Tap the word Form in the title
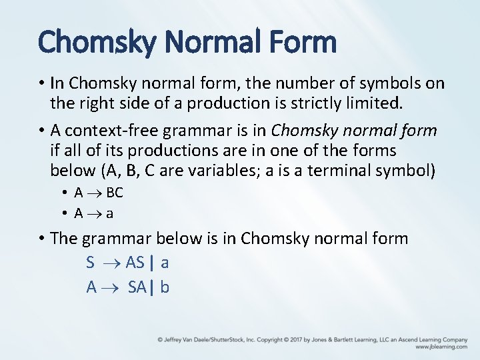(303, 42)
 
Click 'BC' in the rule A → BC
(115, 193)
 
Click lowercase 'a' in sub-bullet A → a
(109, 214)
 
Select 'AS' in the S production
(135, 263)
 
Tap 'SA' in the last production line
(137, 287)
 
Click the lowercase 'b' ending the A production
(165, 287)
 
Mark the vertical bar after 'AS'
(152, 263)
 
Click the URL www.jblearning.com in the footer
(441, 347)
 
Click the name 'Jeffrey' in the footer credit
(175, 340)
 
